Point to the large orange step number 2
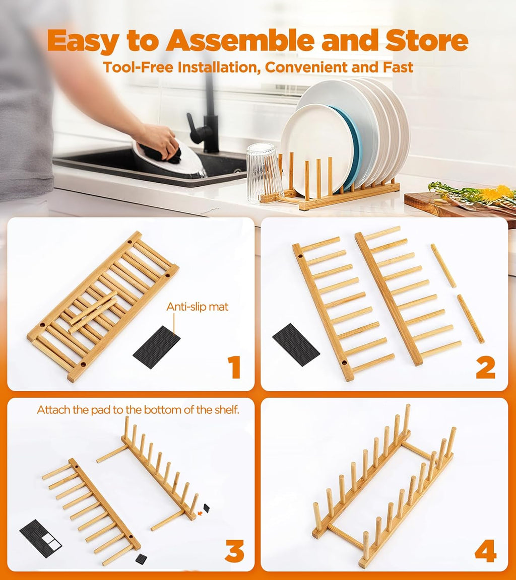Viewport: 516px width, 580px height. pos(485,368)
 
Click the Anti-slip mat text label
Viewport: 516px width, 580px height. pos(198,307)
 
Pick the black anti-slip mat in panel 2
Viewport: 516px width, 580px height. pos(296,344)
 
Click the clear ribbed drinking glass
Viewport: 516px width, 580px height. pos(264,172)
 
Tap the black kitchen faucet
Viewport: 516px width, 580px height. pos(207,118)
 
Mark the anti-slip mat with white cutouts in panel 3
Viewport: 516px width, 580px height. pos(40,538)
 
